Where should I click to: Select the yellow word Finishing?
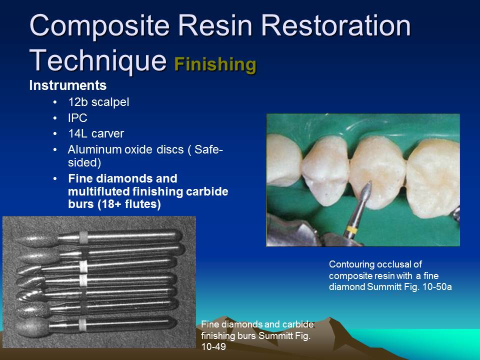point(215,64)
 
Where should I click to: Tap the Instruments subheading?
point(67,85)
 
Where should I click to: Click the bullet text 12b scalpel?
point(98,102)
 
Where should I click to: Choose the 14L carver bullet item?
point(95,133)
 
